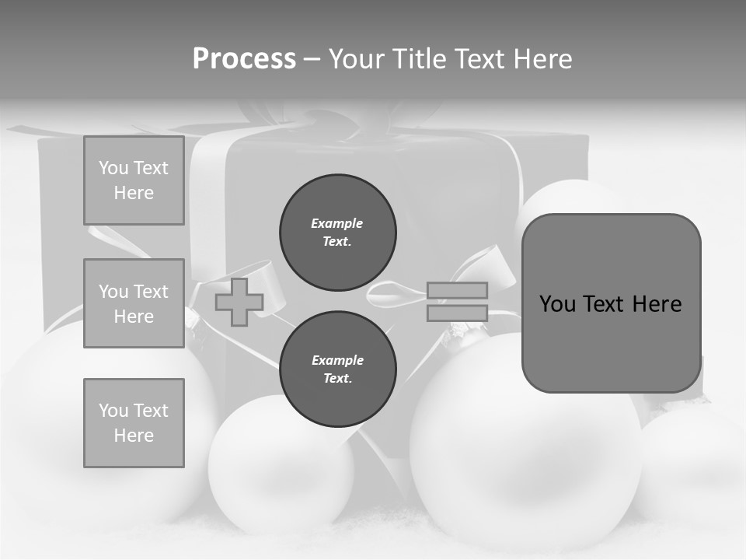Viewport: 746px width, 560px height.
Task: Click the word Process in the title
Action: pos(244,59)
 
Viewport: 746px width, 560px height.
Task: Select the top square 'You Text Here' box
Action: pos(134,180)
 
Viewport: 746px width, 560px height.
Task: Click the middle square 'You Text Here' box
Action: pos(134,303)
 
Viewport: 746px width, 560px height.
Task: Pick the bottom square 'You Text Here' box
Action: pos(134,423)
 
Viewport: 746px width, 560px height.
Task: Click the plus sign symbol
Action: pos(239,302)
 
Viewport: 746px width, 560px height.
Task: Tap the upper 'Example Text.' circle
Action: pos(337,233)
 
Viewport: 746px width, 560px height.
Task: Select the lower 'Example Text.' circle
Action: pos(337,369)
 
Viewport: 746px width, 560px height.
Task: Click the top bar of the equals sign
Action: pos(457,290)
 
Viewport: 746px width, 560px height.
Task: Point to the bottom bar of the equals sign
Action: pos(457,313)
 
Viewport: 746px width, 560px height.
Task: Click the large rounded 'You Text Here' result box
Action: pos(611,303)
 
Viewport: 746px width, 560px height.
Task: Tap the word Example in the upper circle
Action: pos(336,224)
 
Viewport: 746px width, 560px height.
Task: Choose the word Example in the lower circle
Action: pos(337,361)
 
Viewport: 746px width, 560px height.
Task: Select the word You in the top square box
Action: pos(113,168)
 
